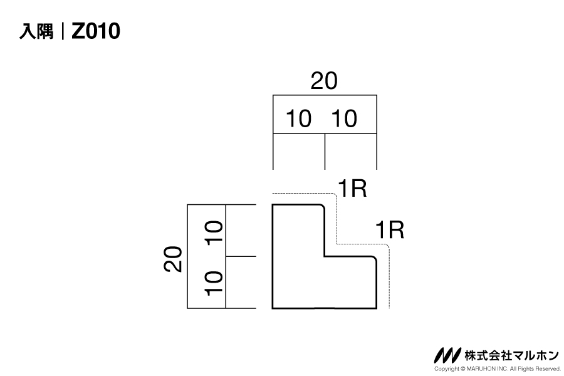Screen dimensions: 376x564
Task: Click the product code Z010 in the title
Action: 95,31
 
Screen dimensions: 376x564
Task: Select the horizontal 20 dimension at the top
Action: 324,81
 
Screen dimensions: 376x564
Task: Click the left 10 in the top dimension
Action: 298,118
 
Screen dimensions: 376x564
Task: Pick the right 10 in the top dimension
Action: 343,118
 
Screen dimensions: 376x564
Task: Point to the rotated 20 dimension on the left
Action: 174,258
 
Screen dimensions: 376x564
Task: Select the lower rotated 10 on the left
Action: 214,283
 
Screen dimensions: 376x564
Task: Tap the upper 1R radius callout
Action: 352,188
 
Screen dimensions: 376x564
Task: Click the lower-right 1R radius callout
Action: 389,230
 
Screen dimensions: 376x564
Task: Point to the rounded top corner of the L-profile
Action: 322,207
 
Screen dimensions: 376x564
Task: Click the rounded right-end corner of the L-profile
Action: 374,259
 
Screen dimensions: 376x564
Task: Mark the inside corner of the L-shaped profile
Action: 325,256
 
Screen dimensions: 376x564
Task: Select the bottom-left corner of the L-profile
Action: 273,308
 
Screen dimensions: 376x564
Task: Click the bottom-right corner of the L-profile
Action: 376,308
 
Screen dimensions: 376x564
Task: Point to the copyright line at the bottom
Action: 496,369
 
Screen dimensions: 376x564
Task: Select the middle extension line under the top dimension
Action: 325,151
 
